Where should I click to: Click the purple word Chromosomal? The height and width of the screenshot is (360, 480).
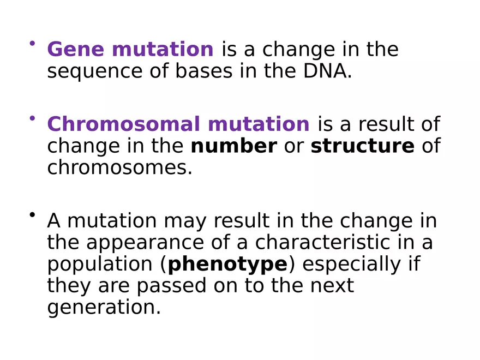point(124,124)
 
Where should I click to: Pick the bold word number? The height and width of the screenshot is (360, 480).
point(233,146)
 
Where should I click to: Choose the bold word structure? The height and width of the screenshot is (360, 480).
point(362,146)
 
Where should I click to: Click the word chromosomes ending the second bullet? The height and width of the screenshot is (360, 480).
point(119,168)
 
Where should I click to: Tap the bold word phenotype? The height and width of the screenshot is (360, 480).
point(227,264)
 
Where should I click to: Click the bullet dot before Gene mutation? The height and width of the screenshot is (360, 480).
point(33,43)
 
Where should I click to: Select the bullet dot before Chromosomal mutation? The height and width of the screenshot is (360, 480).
point(33,118)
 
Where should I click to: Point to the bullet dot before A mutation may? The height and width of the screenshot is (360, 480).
point(33,214)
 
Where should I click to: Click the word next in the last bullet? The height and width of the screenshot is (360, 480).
point(332,286)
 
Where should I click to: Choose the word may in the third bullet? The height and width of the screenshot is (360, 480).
point(183,221)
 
